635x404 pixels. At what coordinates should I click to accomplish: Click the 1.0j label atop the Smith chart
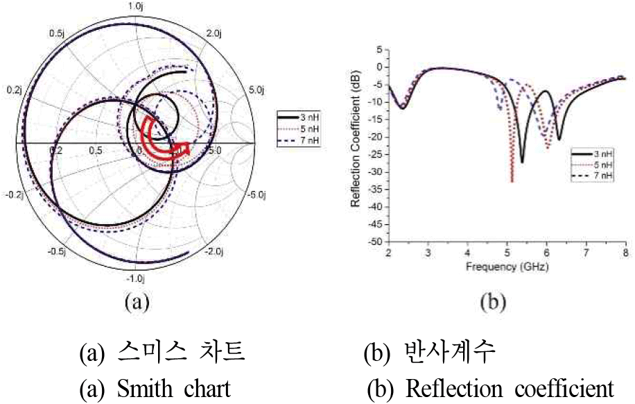pyautogui.click(x=134, y=6)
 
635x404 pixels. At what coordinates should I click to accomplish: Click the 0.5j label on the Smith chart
pyautogui.click(x=56, y=33)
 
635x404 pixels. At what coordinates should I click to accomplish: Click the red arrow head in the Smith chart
pyautogui.click(x=184, y=146)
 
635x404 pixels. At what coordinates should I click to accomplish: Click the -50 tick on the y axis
pyautogui.click(x=374, y=242)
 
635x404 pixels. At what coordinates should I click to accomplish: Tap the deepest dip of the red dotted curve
pyautogui.click(x=512, y=181)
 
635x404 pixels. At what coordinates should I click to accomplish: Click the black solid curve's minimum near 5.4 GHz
pyautogui.click(x=521, y=162)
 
